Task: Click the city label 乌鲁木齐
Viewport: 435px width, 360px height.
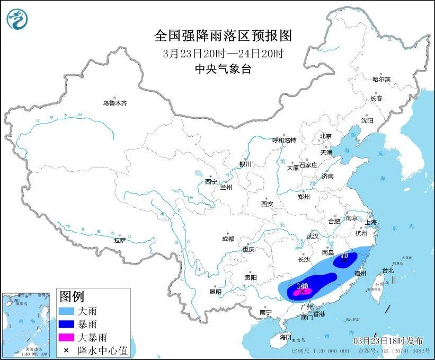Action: pos(115,103)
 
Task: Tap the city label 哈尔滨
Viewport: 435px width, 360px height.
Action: pos(381,79)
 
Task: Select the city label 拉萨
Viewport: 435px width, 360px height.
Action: pos(120,240)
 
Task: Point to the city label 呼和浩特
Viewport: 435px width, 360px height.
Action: pos(284,141)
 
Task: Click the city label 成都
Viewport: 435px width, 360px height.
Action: pos(228,239)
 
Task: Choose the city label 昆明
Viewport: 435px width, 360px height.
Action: pos(215,291)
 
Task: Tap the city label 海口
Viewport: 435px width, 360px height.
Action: pos(286,337)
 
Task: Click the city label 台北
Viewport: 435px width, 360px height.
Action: pos(388,270)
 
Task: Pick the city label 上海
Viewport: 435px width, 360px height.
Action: pos(371,222)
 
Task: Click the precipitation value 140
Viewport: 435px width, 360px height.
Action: pos(303,285)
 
